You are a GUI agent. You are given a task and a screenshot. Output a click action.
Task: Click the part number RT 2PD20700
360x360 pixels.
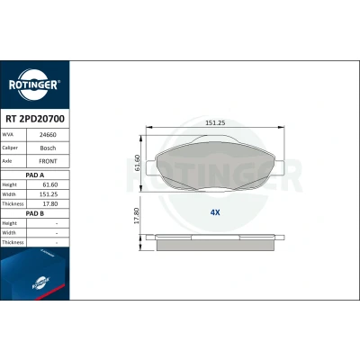click(x=35, y=119)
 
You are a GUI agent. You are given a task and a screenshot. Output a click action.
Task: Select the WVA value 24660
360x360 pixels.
click(x=48, y=135)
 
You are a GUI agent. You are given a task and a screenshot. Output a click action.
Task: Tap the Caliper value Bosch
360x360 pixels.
click(x=48, y=148)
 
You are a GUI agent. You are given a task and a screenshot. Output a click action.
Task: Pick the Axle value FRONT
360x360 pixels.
click(x=48, y=161)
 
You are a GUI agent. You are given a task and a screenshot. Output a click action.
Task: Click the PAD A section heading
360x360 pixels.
click(x=35, y=175)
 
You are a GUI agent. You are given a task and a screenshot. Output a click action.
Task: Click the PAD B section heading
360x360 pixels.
click(x=35, y=213)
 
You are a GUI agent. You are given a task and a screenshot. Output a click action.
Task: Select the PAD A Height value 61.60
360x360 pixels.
click(x=50, y=184)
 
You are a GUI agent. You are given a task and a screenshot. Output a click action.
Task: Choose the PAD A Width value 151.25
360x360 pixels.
click(x=49, y=194)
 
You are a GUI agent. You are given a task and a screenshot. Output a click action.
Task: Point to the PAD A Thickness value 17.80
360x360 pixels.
click(x=50, y=204)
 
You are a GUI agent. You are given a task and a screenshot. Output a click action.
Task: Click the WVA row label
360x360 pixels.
click(x=8, y=135)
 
